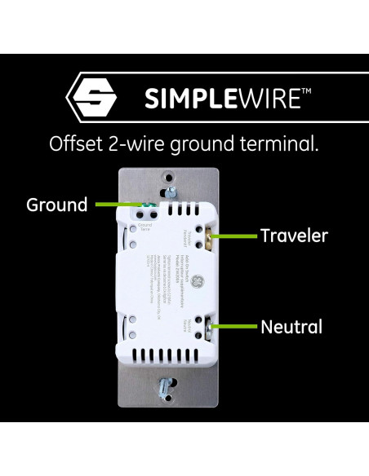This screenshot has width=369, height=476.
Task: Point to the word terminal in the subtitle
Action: coord(282,144)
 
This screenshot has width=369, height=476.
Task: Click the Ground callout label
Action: coord(57,205)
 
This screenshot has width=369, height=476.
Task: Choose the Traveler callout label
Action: coord(294,236)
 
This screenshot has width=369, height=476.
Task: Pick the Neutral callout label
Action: coord(291,328)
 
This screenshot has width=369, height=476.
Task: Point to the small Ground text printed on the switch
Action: coord(145,224)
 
